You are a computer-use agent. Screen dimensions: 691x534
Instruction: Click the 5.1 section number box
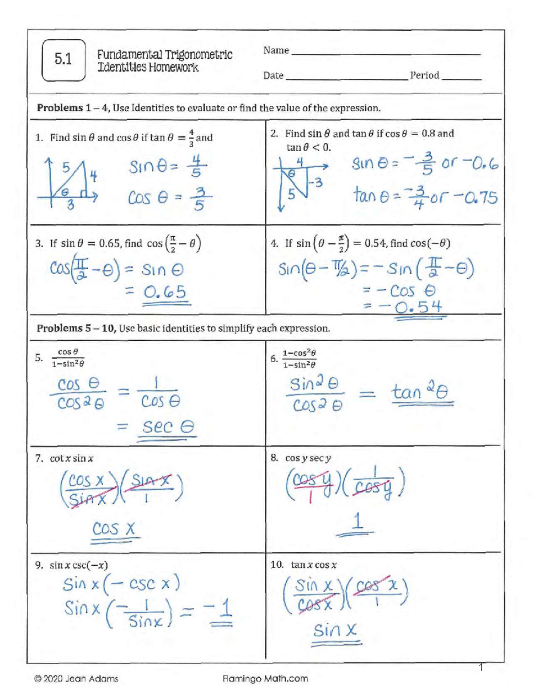64,60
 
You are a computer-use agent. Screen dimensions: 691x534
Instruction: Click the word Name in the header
276,50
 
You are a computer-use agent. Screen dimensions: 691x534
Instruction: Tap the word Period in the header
424,75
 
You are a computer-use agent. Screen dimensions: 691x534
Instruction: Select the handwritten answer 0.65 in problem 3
165,292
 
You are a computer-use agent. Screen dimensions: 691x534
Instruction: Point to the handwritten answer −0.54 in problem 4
418,307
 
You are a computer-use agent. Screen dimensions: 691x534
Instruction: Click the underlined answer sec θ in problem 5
168,427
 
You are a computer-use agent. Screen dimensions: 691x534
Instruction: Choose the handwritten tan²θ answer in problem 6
420,392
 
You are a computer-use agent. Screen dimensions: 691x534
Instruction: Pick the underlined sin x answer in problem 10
335,630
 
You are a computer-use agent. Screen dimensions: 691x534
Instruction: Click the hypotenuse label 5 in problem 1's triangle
66,167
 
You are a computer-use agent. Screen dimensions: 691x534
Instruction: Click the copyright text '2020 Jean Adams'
76,679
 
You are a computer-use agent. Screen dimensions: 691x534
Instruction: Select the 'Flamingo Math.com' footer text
265,679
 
